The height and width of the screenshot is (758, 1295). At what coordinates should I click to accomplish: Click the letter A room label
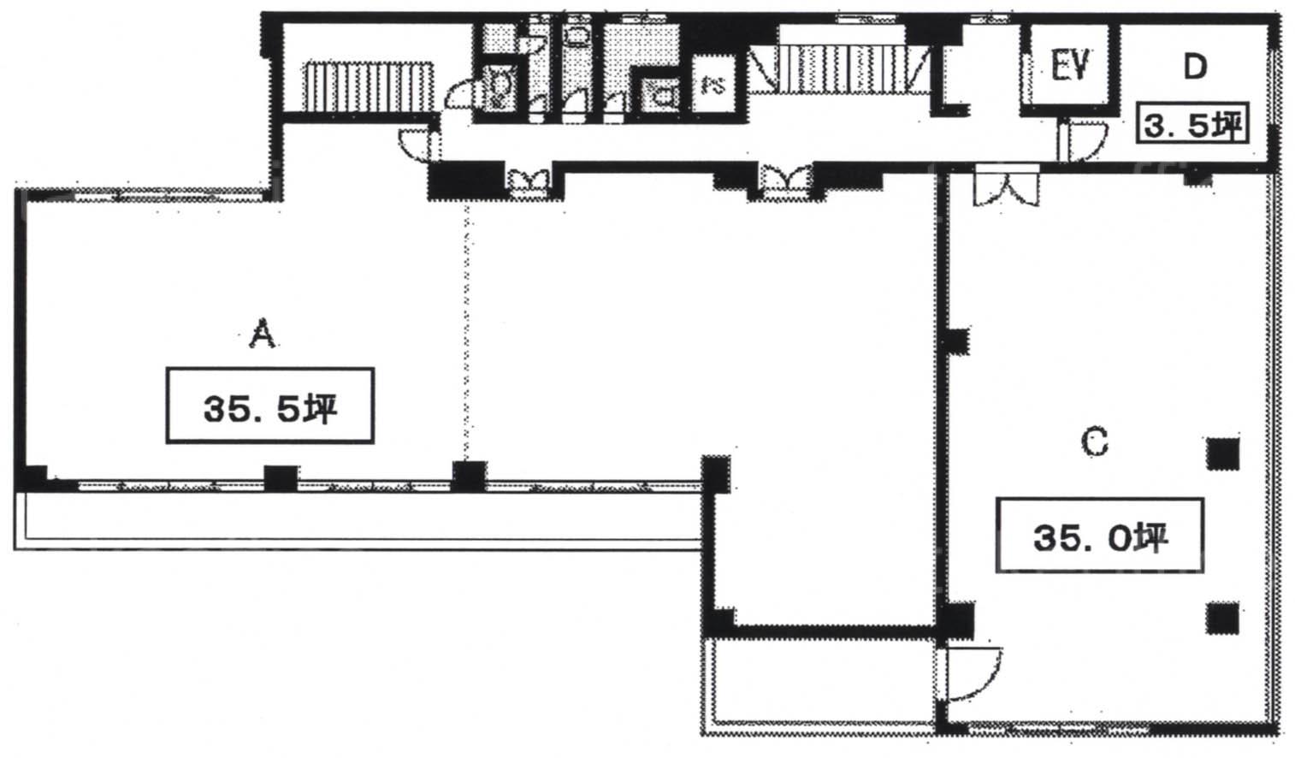(x=262, y=334)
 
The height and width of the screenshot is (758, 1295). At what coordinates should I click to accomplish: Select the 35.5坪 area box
(x=270, y=406)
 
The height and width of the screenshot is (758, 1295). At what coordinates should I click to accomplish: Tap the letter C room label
(x=1094, y=443)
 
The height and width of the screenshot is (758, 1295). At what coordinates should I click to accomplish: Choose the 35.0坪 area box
(x=1100, y=536)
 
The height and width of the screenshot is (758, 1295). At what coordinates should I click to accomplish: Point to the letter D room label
(x=1195, y=67)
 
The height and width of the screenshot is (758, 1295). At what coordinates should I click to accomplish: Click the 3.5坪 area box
(x=1192, y=125)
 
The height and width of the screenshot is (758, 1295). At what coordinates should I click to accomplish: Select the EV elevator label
(x=1070, y=65)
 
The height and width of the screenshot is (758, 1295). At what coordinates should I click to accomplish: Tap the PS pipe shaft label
(x=713, y=86)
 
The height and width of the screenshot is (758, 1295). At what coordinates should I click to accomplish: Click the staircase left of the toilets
(x=369, y=86)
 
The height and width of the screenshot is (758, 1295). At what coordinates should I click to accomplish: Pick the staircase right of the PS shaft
(x=839, y=69)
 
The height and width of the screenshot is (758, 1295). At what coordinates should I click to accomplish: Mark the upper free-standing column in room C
(x=1223, y=454)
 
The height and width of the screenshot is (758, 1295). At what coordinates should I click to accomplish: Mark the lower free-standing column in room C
(x=1223, y=619)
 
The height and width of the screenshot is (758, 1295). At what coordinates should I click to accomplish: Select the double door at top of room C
(x=1007, y=185)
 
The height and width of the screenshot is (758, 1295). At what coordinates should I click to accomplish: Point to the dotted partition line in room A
(x=466, y=331)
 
